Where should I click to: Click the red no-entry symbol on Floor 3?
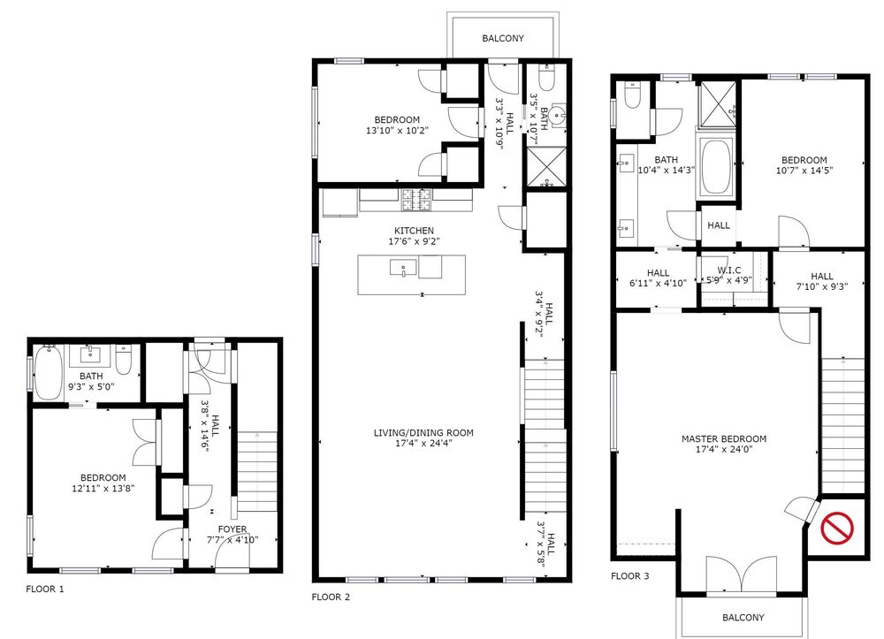click(836, 528)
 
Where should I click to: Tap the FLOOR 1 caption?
click(45, 589)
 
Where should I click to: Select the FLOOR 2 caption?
click(331, 597)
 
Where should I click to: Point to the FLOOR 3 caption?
click(629, 576)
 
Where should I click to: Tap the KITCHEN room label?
click(414, 231)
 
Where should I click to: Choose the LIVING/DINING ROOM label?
click(423, 433)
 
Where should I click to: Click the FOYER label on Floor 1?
click(232, 529)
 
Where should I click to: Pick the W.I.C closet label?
click(729, 270)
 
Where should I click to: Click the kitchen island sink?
click(404, 267)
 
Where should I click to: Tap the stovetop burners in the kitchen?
click(416, 200)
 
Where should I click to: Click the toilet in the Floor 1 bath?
click(124, 360)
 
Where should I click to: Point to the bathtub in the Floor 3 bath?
click(716, 167)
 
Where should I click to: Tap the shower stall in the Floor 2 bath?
click(545, 166)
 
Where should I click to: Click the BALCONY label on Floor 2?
click(503, 38)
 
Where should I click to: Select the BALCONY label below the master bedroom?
click(743, 618)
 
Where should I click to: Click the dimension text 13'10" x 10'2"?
click(397, 130)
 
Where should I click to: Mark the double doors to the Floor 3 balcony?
click(742, 574)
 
